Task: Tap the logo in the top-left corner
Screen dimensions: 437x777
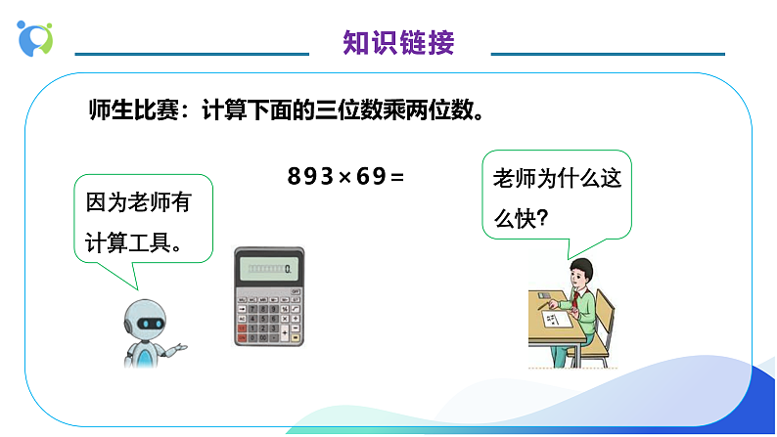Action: coord(35,38)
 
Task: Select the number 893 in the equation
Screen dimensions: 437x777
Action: coord(311,176)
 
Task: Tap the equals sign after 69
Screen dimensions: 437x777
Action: coord(396,177)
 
